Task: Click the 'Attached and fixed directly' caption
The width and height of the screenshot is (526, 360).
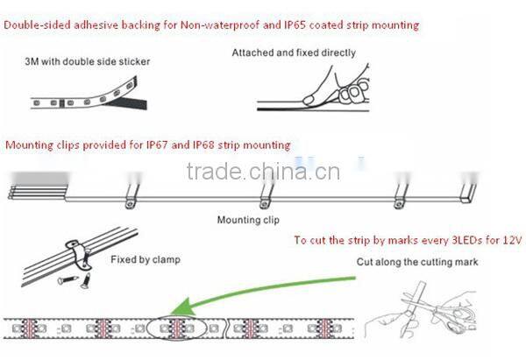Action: (x=294, y=53)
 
